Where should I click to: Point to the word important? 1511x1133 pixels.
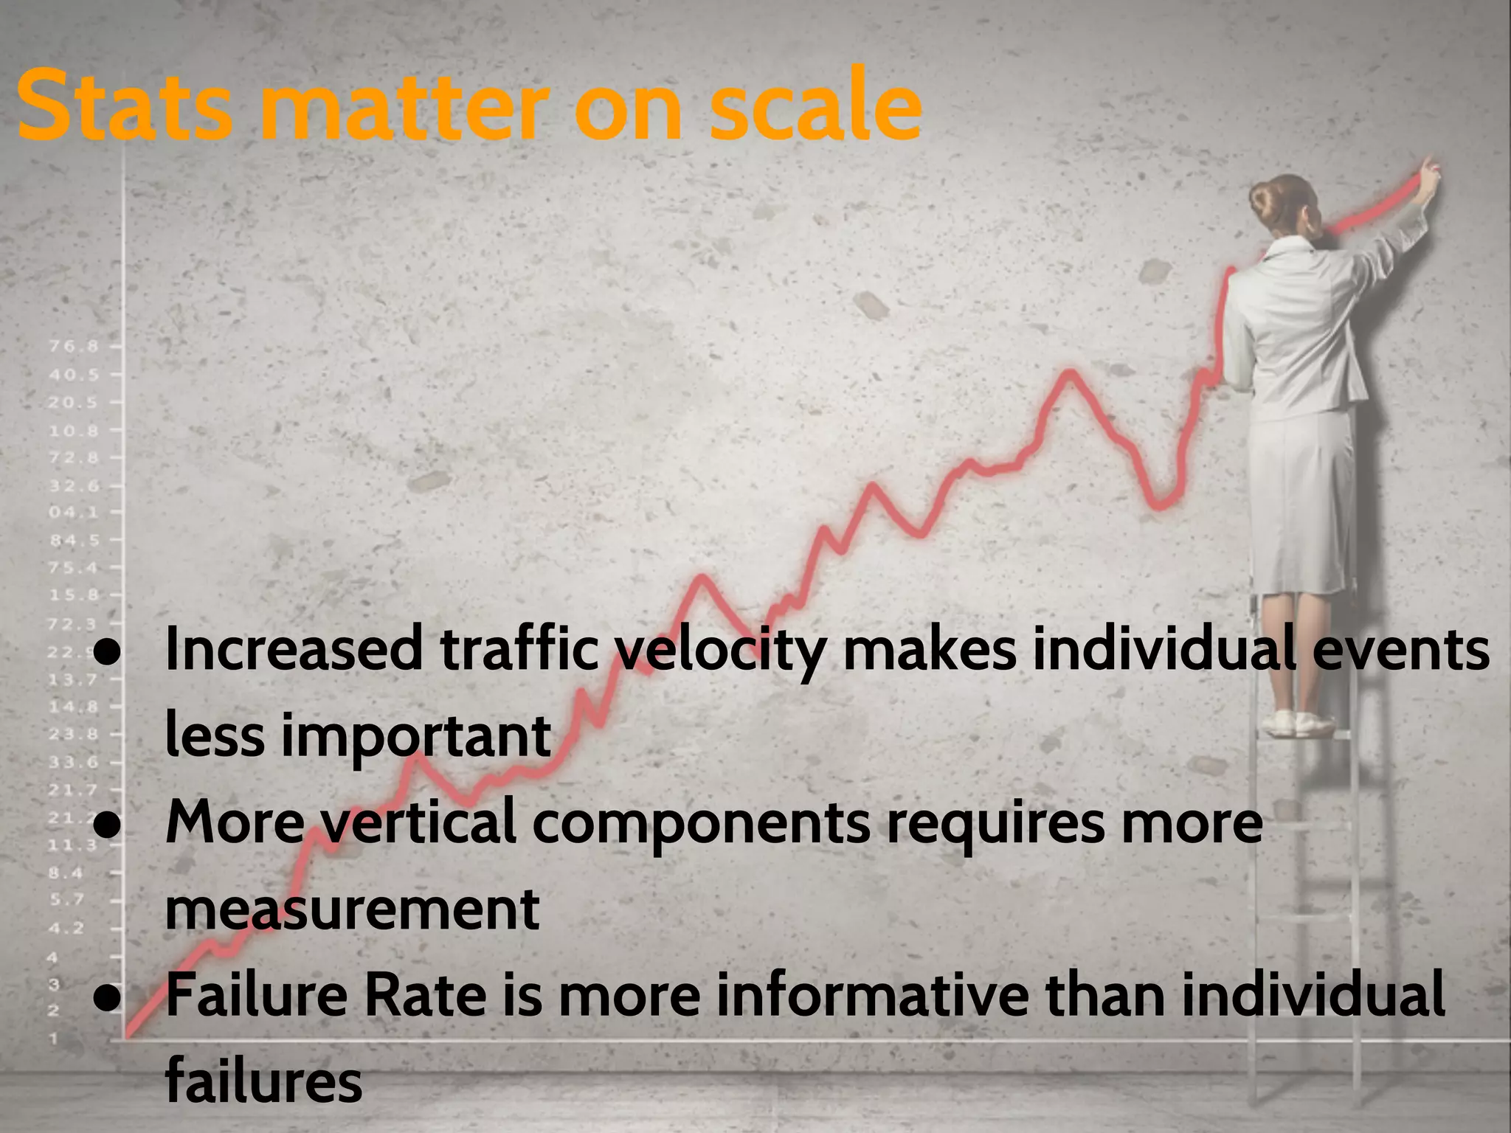click(415, 737)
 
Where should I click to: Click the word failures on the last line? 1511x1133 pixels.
click(264, 1080)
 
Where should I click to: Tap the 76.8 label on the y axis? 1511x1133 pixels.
click(74, 346)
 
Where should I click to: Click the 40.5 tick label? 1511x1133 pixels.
click(74, 375)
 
